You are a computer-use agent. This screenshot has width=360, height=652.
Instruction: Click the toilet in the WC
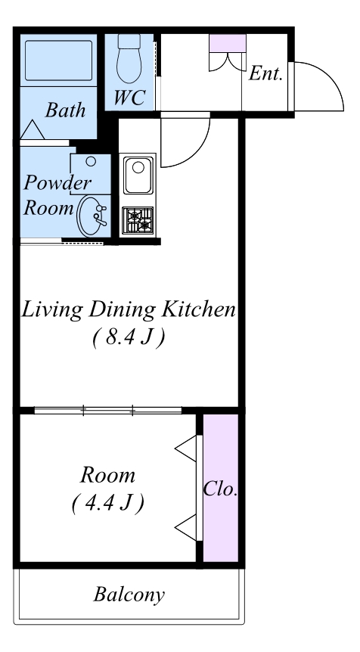(129, 58)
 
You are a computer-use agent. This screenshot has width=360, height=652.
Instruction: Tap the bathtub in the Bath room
(59, 61)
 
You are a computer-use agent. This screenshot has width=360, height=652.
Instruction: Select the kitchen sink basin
(138, 175)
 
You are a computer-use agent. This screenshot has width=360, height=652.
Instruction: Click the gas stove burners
(138, 220)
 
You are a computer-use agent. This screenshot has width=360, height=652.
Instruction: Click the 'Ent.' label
(265, 73)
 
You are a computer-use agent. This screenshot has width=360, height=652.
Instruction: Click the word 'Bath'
(65, 110)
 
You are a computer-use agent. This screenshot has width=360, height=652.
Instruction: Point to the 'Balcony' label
(129, 595)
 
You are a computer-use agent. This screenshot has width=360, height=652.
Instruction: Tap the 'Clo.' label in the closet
(220, 489)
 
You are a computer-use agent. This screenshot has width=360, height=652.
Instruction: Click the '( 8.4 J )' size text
(129, 337)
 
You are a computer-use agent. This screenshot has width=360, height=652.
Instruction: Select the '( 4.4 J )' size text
(107, 504)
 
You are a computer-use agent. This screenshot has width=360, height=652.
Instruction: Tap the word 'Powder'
(57, 183)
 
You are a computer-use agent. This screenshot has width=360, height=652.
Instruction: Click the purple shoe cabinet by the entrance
(228, 43)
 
